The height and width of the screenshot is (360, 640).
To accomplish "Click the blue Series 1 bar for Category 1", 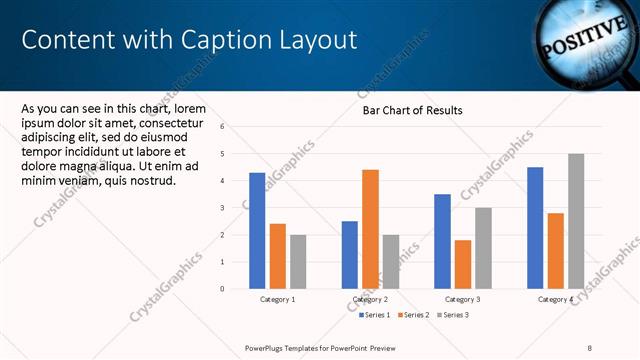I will pos(257,231).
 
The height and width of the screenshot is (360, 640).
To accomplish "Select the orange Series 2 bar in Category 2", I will pos(370,229).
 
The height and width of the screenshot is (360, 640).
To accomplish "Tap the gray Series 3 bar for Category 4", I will pos(576,221).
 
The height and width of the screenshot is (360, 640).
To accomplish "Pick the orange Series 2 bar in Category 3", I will pos(463,264).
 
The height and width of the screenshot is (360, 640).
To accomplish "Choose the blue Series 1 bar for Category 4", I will pos(535,228).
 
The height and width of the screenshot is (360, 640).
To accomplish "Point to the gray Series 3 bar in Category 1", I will pos(298,262).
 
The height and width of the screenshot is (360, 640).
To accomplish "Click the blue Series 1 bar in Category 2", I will pos(350,255).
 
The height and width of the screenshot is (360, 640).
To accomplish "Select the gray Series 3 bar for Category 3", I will pos(483,248).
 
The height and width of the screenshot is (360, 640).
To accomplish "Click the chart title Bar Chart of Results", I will pos(412,111).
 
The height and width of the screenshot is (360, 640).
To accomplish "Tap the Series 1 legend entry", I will pos(375,315).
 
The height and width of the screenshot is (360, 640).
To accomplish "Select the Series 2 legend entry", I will pos(414,315).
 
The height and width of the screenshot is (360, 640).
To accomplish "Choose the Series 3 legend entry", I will pos(453,315).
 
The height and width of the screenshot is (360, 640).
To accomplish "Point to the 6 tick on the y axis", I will pos(236,127).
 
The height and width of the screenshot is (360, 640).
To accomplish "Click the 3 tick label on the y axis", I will pos(236,208).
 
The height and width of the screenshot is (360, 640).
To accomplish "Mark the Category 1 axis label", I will pos(278,299).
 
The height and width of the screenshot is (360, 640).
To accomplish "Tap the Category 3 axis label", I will pos(463,299).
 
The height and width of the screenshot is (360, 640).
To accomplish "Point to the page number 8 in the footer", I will pos(591,348).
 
